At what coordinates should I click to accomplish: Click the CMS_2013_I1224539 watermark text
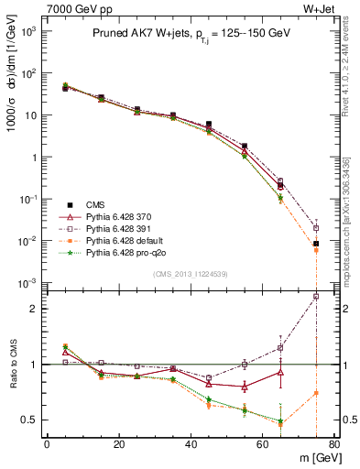[x=190, y=274]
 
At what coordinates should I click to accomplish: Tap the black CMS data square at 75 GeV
[x=316, y=244]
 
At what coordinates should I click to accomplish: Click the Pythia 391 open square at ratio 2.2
[x=316, y=297]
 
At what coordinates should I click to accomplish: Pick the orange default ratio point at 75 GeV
[x=316, y=393]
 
